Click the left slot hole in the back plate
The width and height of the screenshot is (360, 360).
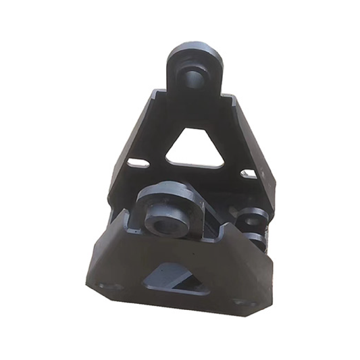(139, 162)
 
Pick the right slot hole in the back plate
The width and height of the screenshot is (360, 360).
(248, 174)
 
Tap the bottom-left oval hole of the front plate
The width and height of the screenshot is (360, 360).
(108, 286)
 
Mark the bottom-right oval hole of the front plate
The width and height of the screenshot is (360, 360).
(241, 302)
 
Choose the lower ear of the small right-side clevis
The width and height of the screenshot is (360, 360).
(255, 238)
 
